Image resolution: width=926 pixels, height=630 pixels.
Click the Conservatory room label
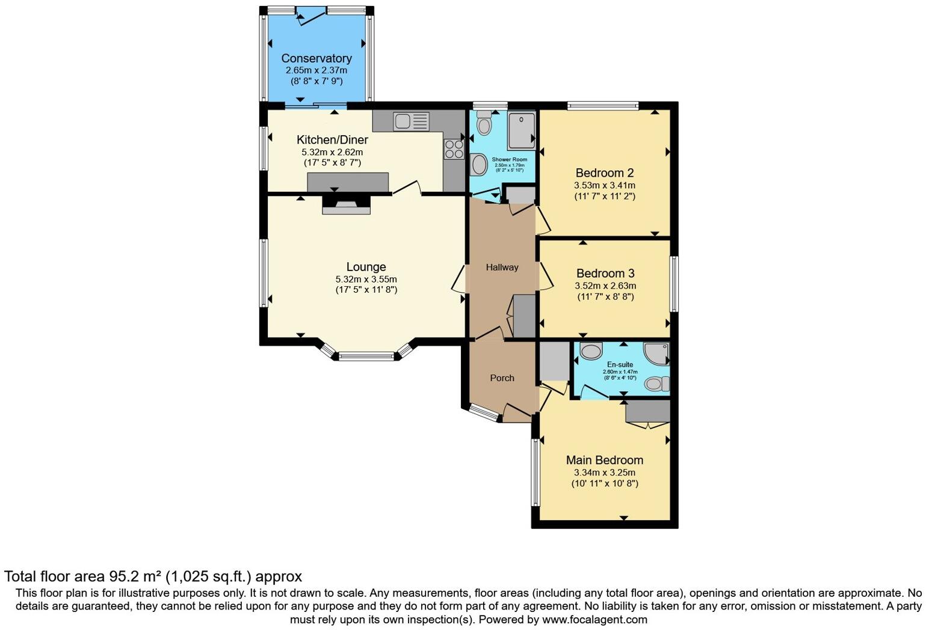(316, 58)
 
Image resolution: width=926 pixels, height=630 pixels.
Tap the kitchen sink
(411, 121)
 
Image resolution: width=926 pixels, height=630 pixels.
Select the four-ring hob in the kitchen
(454, 149)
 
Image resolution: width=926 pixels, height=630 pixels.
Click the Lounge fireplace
(347, 205)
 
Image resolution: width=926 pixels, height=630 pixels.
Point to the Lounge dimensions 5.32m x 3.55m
(366, 279)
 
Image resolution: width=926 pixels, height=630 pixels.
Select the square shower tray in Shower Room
(521, 130)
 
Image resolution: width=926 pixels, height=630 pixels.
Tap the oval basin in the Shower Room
(478, 164)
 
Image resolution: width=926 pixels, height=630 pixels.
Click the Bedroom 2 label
(605, 173)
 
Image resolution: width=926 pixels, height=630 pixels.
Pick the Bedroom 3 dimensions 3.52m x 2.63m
(605, 286)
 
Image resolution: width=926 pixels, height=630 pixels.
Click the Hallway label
(502, 268)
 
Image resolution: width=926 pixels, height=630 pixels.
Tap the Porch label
(502, 378)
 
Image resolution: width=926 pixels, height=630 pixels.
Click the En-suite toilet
(656, 384)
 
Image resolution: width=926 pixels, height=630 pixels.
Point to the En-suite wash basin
(591, 351)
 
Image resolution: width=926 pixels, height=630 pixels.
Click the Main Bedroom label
(605, 460)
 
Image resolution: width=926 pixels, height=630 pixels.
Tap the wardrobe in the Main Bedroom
(648, 412)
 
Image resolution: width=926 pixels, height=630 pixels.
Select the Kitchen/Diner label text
(332, 140)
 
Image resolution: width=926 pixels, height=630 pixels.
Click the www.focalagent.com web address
(594, 619)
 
